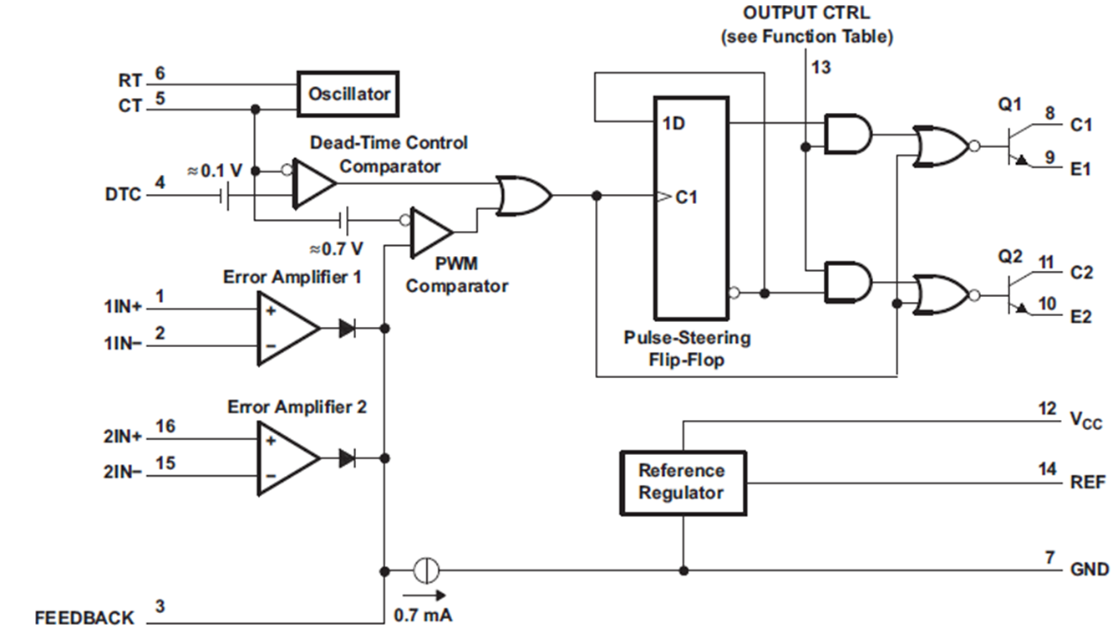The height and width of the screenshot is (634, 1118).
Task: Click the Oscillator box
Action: [x=348, y=94]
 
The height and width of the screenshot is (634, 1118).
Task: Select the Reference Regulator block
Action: [x=684, y=483]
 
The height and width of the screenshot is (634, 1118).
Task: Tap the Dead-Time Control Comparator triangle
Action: [x=314, y=183]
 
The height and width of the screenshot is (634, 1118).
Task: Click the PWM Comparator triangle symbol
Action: [x=432, y=233]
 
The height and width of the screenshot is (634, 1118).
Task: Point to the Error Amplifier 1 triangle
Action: [x=288, y=328]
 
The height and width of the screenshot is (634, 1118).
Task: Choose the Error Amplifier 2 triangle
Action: [x=288, y=458]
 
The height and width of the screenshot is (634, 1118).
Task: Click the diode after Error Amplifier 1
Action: [x=348, y=328]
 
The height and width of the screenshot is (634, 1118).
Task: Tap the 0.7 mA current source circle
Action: [x=426, y=570]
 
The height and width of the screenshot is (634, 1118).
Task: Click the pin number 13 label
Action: [x=821, y=67]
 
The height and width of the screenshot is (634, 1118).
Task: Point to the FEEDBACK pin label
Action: [x=84, y=618]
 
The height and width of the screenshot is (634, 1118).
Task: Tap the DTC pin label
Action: [x=123, y=194]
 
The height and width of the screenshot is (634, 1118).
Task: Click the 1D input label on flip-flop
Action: [x=673, y=124]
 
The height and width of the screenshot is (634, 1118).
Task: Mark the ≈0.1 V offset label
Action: [x=215, y=171]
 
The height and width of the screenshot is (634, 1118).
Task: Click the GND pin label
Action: [x=1090, y=569]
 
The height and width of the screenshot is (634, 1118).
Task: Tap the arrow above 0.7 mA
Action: [x=424, y=595]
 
